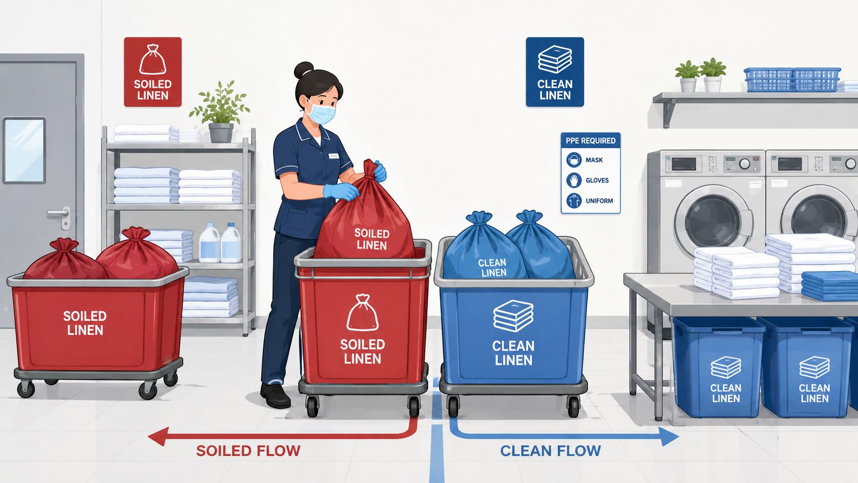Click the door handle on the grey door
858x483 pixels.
coord(60,214)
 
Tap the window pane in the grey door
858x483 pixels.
coord(24,150)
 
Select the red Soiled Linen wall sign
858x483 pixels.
coord(152,72)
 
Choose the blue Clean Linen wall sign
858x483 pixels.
coord(555,72)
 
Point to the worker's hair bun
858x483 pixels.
coord(303,70)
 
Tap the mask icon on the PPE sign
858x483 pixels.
coord(574,160)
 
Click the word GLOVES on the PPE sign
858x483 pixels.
coord(597,180)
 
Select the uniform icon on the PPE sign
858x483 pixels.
coord(574,201)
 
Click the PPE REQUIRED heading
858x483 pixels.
coord(590,141)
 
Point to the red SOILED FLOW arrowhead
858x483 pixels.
coord(159,436)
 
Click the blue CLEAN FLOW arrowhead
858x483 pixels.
coord(669,436)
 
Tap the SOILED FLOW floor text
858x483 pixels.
coord(248,451)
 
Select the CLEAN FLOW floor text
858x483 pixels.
coord(551,451)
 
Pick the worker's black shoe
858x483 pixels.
coord(275,395)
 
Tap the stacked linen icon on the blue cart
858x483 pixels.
coord(513,316)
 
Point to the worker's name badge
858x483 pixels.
coord(334,156)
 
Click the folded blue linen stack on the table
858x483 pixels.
coord(829,286)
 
